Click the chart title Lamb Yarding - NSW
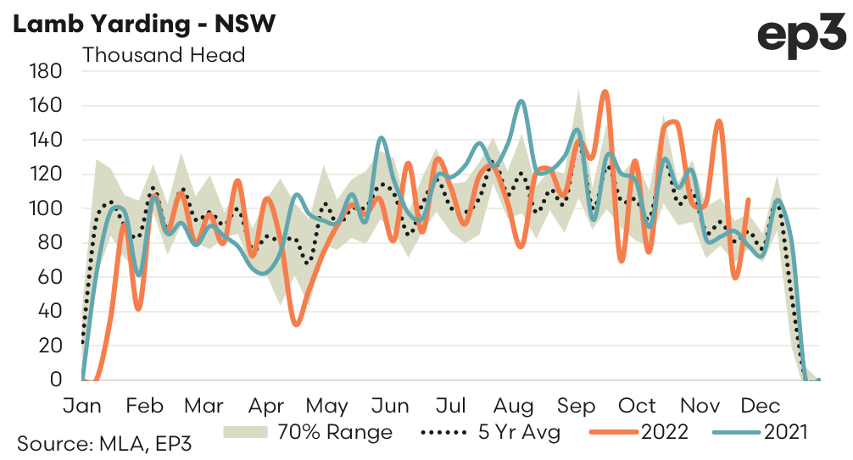tap(144, 25)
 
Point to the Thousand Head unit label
tap(164, 56)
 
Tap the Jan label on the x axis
tap(82, 405)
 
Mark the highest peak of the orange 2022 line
tap(605, 91)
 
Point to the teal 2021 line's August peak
tap(521, 102)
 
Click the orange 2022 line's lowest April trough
tap(296, 324)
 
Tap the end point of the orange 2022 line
tap(748, 200)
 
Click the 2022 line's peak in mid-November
tap(719, 121)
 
